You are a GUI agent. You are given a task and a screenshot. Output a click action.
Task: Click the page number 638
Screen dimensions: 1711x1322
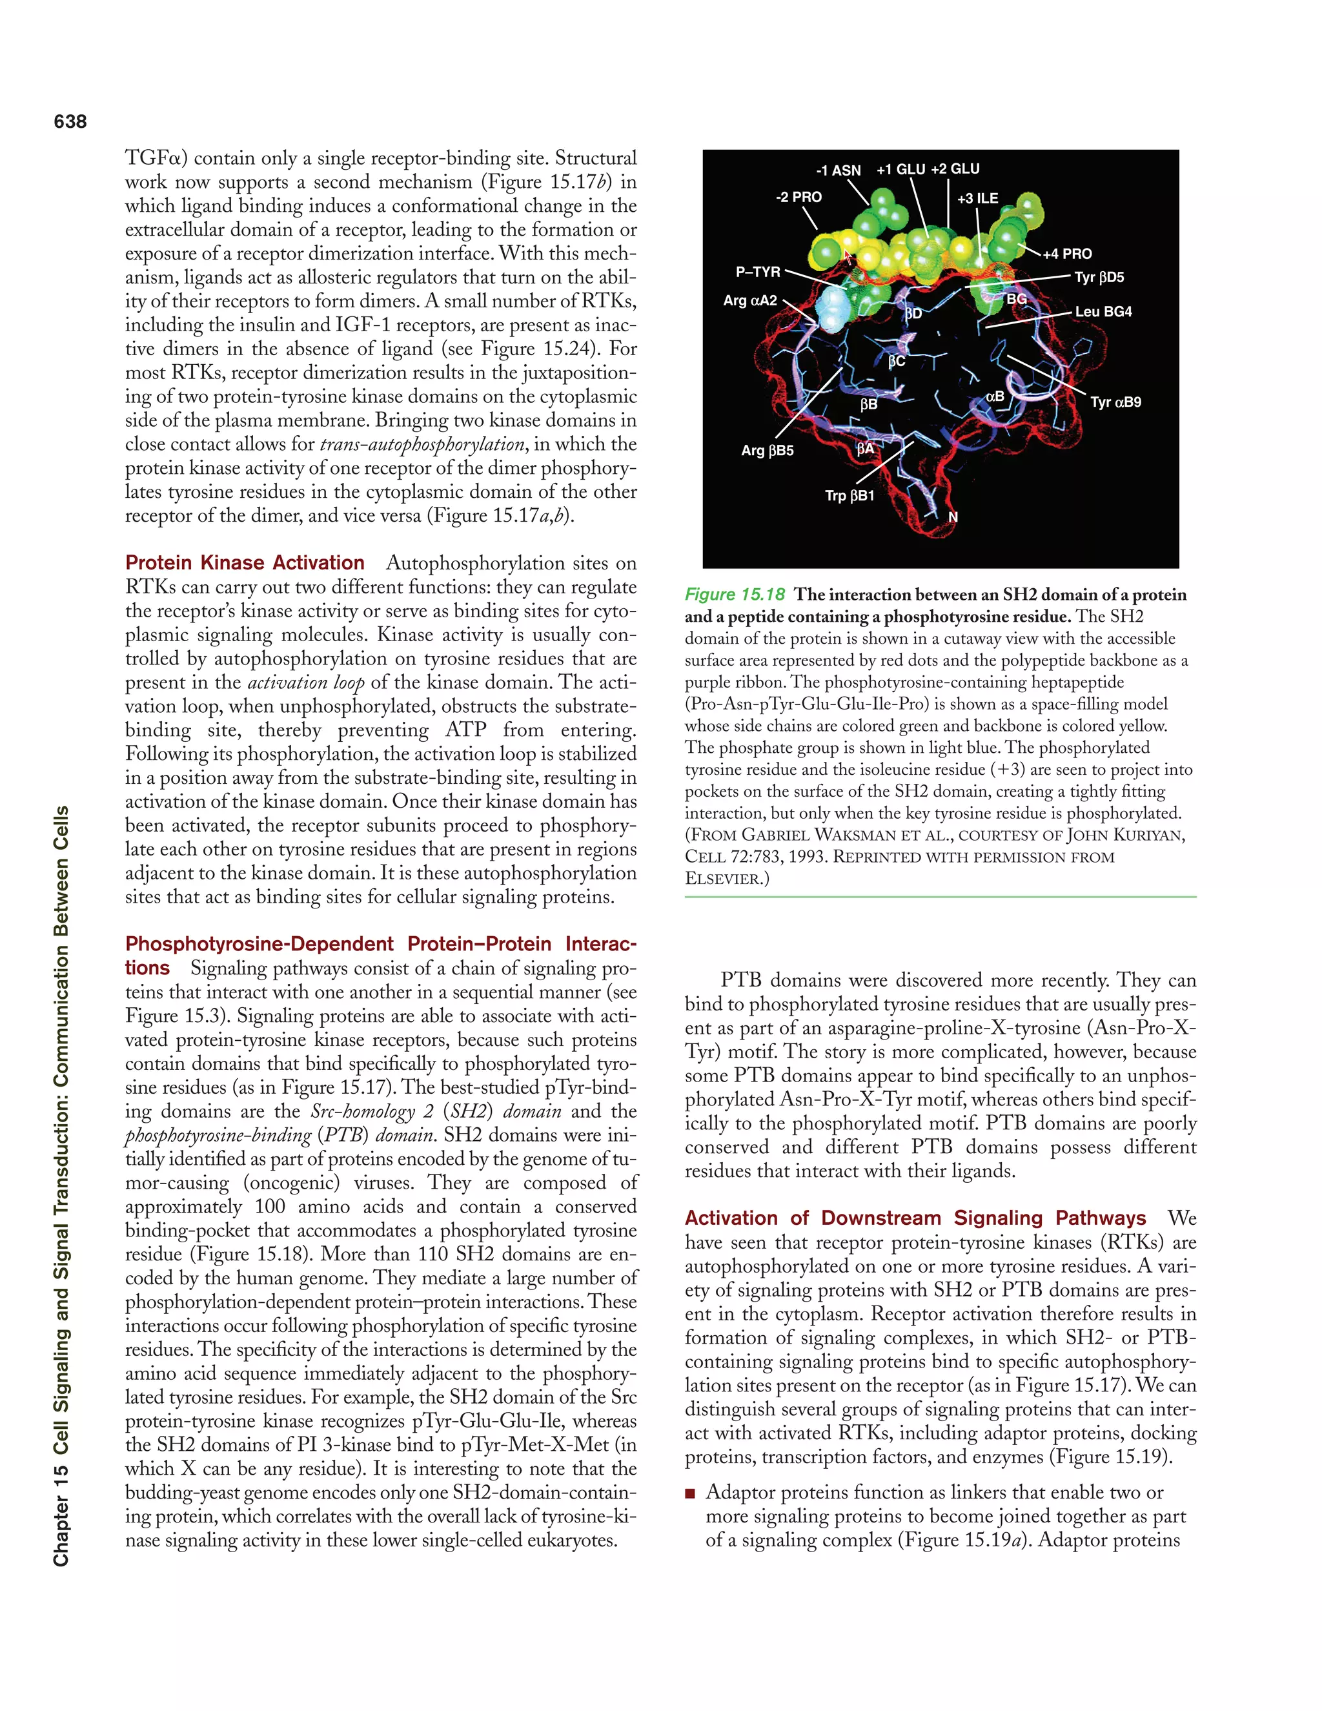70,121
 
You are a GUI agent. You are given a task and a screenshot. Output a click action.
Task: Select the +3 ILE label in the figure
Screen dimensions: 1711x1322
977,199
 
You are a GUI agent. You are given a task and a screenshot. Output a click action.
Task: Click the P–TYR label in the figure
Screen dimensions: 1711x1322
757,272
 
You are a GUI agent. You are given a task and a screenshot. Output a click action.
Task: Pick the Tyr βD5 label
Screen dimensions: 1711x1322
1099,278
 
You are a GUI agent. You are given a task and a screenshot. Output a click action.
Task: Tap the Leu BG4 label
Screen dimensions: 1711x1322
1103,312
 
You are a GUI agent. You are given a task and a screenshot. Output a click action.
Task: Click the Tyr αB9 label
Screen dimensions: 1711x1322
1115,403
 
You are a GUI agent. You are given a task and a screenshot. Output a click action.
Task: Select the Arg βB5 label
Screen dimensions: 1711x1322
767,451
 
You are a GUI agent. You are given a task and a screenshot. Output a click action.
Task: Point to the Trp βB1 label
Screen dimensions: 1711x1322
849,496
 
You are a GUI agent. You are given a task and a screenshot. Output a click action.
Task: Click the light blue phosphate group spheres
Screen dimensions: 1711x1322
831,307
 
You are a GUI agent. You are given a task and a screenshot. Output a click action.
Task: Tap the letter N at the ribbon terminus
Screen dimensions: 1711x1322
953,517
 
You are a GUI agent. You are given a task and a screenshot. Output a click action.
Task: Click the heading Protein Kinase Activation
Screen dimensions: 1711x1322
245,562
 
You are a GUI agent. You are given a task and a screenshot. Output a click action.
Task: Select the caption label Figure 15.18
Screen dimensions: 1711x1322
735,595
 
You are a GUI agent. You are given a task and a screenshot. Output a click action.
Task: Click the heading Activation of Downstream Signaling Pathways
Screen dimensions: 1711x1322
915,1218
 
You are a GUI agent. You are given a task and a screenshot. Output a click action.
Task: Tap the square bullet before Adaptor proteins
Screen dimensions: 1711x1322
690,1493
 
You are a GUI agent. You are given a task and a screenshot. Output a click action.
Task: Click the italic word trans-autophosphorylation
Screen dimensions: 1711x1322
422,444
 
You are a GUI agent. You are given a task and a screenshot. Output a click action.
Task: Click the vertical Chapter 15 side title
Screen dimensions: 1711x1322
61,1186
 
